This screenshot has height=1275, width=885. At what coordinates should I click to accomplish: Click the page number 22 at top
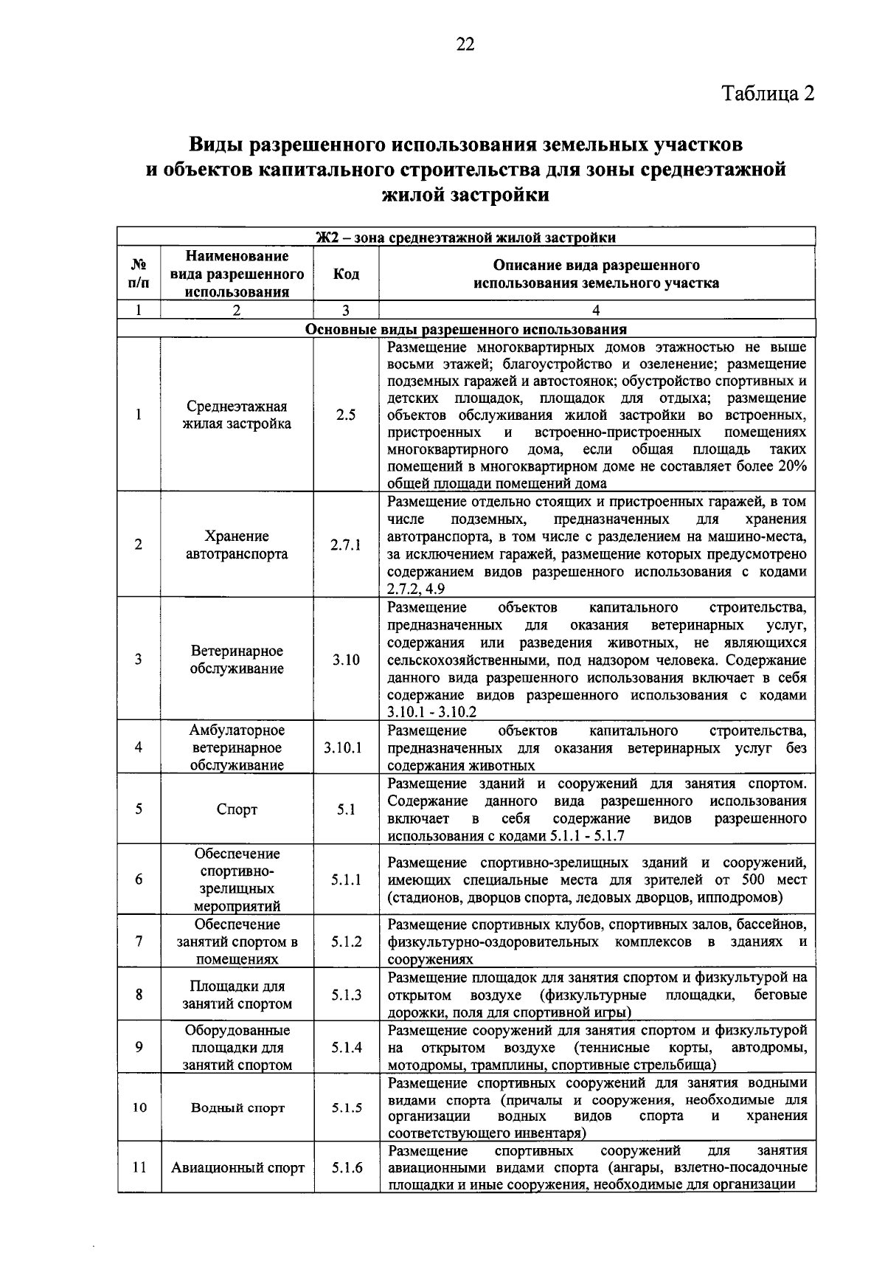click(465, 45)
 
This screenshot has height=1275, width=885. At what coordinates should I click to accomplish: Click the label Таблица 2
click(768, 94)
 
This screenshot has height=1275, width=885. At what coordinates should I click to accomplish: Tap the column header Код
click(346, 274)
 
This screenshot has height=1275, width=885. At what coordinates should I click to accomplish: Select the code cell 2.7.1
click(346, 545)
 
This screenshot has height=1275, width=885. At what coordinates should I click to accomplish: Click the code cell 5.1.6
click(347, 1168)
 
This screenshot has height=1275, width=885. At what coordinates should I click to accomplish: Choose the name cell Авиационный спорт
click(237, 1168)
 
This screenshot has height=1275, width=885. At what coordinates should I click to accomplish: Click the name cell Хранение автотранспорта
click(237, 545)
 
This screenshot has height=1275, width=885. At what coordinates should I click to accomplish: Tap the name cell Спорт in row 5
click(237, 809)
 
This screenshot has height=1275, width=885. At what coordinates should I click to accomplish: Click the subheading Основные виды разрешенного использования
click(466, 329)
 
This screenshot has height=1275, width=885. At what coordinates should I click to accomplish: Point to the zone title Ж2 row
click(466, 238)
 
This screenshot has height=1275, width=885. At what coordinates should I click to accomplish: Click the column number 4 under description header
click(596, 311)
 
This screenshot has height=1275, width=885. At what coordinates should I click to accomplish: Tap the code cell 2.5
click(346, 415)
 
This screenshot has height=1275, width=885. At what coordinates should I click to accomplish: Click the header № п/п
click(139, 274)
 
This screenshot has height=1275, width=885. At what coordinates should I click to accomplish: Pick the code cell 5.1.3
click(346, 995)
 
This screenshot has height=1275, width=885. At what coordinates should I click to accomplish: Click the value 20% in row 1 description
click(791, 466)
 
